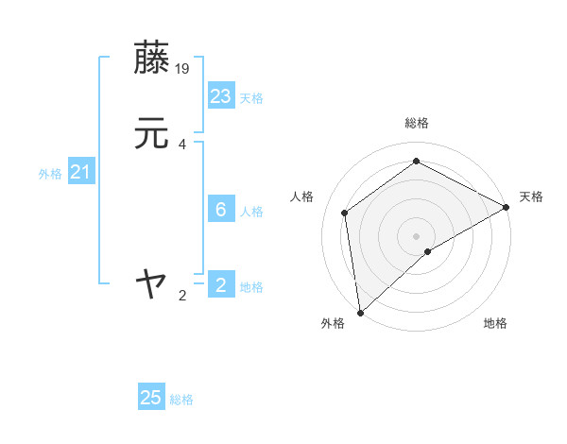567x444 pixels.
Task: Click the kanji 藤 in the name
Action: click(151, 58)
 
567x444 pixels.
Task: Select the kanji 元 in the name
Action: click(151, 134)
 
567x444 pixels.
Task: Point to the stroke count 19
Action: click(183, 68)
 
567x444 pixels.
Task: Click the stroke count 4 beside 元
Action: click(182, 145)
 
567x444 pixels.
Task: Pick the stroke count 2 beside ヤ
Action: click(182, 296)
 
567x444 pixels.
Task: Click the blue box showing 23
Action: click(221, 95)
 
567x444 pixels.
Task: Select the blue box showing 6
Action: click(221, 210)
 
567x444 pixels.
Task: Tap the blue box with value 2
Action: click(221, 284)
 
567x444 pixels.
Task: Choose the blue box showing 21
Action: click(80, 172)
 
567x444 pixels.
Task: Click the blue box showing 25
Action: click(151, 398)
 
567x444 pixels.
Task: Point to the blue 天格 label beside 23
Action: click(251, 97)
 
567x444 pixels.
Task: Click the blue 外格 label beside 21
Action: click(50, 174)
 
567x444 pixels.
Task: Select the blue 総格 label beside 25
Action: click(181, 400)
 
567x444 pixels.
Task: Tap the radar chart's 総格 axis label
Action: click(417, 123)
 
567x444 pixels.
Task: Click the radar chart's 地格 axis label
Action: click(495, 323)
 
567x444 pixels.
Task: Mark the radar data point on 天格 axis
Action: click(507, 208)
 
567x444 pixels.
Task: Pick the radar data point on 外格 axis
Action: click(360, 312)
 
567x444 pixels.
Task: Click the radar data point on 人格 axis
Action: click(345, 213)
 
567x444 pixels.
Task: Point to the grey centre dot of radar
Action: click(417, 235)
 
